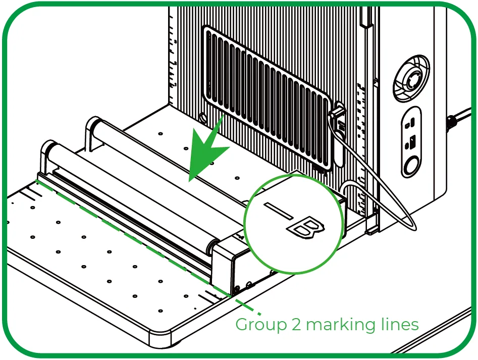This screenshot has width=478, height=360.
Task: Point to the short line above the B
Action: (x=278, y=211)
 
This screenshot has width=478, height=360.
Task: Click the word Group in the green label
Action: (x=261, y=325)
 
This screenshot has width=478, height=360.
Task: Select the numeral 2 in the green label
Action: (x=296, y=324)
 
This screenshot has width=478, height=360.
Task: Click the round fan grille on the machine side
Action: (x=411, y=78)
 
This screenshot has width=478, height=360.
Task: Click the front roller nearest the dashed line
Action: (x=131, y=195)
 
